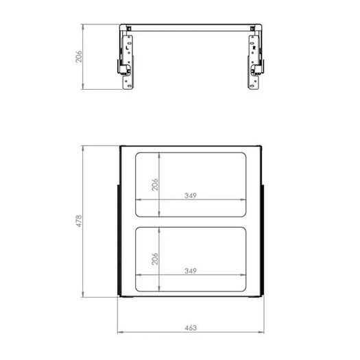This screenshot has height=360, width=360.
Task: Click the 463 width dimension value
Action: point(191,328)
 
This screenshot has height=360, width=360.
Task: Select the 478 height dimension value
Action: point(79,221)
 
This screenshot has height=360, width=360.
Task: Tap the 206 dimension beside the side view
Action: point(79,56)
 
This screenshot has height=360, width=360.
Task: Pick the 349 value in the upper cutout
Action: point(191,195)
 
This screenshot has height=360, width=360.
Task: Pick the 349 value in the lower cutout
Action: point(191,271)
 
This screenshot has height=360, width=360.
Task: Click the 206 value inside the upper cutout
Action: point(155,184)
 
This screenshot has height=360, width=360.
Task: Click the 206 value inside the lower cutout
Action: point(155,259)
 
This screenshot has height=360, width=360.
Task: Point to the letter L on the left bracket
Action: point(127,48)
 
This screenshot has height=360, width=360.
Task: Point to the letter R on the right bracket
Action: point(254,48)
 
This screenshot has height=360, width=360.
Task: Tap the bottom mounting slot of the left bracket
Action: point(130,86)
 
